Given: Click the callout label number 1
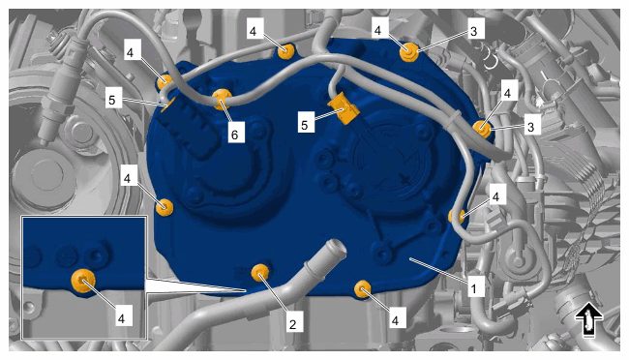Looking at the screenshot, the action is [x=473, y=288].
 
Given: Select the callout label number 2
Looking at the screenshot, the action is [x=293, y=324].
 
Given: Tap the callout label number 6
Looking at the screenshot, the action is [x=235, y=135].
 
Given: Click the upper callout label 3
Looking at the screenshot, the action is [x=474, y=31].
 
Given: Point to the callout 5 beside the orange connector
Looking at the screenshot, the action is [x=304, y=125].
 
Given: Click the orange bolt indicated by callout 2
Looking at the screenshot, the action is [x=260, y=273].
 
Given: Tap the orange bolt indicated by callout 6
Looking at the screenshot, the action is [x=222, y=99].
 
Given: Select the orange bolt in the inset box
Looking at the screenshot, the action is [x=83, y=281].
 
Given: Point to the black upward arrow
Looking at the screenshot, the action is [x=588, y=319].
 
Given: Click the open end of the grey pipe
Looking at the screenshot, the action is [x=335, y=248].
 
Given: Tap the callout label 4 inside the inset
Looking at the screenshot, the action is [x=121, y=317].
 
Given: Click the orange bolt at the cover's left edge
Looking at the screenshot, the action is [x=165, y=207].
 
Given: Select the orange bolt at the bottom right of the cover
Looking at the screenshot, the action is [x=363, y=289].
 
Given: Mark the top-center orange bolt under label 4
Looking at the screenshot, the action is [x=286, y=51].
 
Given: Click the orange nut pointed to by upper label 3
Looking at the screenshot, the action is [x=409, y=52].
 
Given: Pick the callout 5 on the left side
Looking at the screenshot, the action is [x=112, y=100].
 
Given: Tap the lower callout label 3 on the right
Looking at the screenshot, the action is [x=530, y=127].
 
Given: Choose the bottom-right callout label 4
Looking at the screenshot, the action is [x=395, y=320].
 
